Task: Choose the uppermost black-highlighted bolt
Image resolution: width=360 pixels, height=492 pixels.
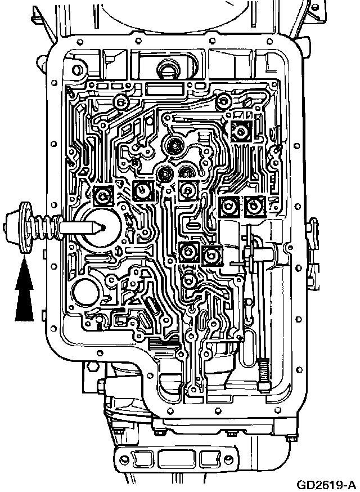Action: pyautogui.click(x=241, y=132)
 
